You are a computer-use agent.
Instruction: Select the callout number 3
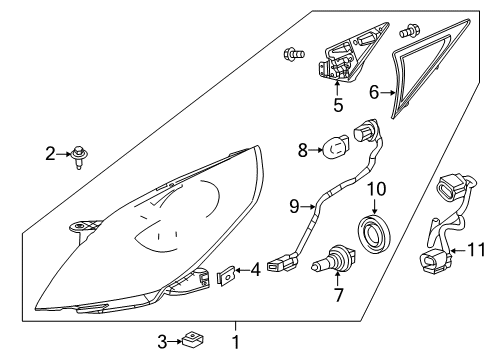pyautogui.click(x=163, y=342)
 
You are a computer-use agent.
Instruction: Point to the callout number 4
pyautogui.click(x=256, y=268)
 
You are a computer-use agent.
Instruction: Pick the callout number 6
pyautogui.click(x=375, y=91)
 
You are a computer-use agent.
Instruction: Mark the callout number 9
pyautogui.click(x=294, y=207)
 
